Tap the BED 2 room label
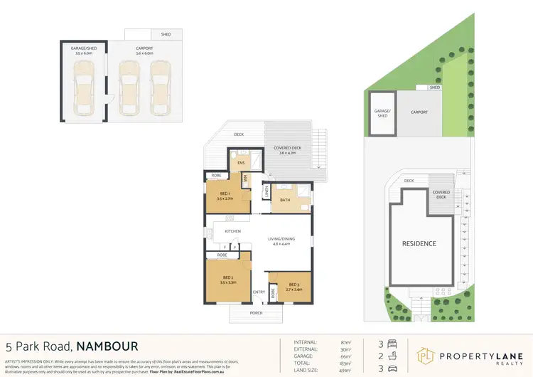point(228,277)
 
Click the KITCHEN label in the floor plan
point(233,231)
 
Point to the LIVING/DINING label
point(280,239)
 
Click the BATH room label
point(285,200)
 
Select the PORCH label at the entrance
point(255,313)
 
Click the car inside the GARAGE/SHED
point(84,86)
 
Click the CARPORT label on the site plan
point(418,112)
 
